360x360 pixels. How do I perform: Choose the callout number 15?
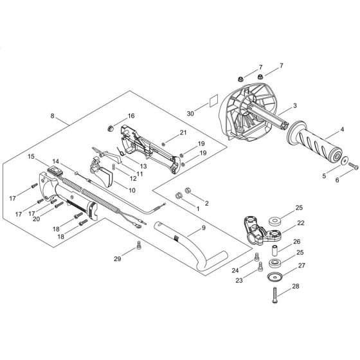pos(30,156)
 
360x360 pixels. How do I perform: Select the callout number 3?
pos(276,105)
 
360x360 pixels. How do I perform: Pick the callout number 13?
pos(143,166)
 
